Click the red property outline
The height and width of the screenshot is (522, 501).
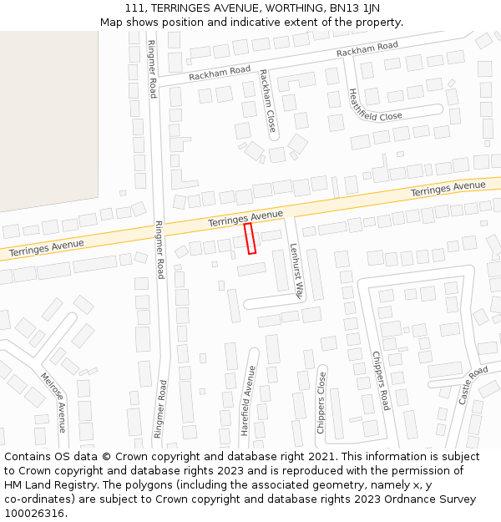(x=250, y=238)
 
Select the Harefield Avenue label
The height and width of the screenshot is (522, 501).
(x=246, y=401)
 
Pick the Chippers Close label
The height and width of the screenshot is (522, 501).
(x=321, y=403)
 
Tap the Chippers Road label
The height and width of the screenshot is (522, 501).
(x=381, y=380)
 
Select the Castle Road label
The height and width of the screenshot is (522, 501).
(x=473, y=385)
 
